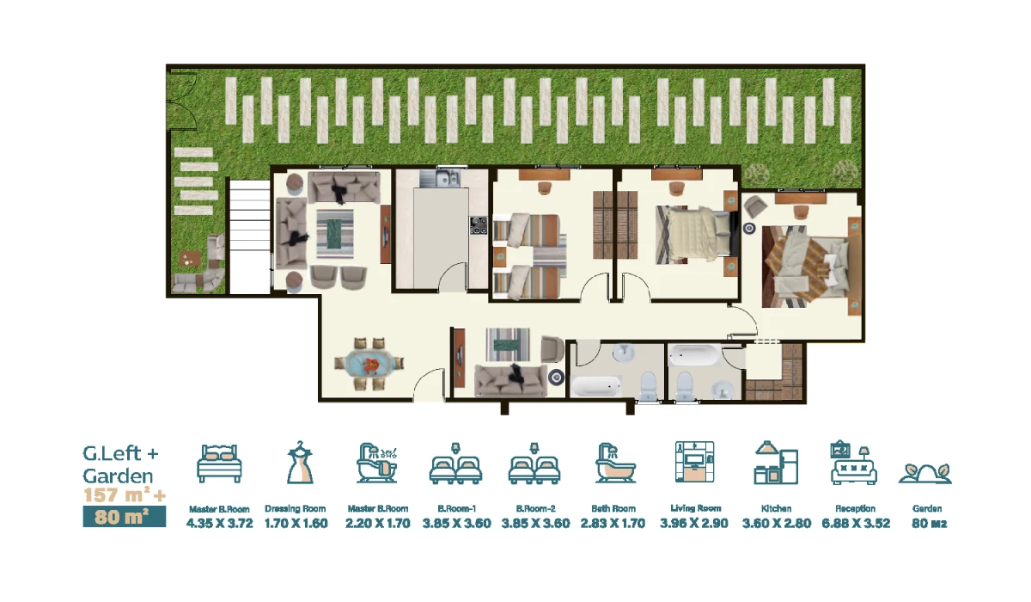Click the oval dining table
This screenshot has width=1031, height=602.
point(369,364)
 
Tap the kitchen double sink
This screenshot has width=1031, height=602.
point(439,179)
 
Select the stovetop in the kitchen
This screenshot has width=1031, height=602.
point(479,225)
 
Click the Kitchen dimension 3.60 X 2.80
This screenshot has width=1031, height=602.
point(777,524)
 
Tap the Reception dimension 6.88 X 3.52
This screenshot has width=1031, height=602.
point(856,524)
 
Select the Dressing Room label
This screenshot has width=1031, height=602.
point(296,509)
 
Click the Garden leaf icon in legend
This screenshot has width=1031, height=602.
point(925,474)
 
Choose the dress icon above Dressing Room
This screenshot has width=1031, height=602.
point(300,463)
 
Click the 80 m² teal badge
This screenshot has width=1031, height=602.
point(125,517)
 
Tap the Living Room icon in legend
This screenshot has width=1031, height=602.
point(694,462)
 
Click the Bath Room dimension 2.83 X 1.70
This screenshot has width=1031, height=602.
point(613,524)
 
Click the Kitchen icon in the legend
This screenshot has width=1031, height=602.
point(776,463)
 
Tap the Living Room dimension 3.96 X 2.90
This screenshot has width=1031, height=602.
point(694,524)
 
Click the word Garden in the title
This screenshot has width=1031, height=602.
point(118,476)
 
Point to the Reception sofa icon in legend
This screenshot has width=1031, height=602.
point(854,463)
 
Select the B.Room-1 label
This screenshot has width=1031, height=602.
point(456,509)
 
